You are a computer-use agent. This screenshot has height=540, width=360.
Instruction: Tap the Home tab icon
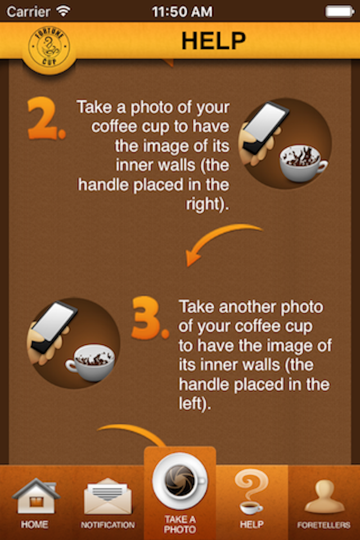[x=35, y=497]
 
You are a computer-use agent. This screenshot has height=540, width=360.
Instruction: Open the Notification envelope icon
[x=108, y=496]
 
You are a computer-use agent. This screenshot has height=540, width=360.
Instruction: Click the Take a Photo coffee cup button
[x=180, y=481]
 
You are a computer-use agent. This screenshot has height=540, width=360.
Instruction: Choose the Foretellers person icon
[x=324, y=497]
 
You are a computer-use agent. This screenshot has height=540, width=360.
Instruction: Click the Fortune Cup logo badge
[x=49, y=48]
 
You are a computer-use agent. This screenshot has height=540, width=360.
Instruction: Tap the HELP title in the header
[x=214, y=40]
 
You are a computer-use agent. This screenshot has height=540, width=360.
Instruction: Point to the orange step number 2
[x=46, y=118]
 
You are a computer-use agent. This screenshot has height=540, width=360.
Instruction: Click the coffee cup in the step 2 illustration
[x=303, y=163]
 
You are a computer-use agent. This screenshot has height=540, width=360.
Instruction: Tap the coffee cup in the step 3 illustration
[x=90, y=362]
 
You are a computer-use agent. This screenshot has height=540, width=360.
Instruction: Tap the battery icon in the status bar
[x=339, y=11]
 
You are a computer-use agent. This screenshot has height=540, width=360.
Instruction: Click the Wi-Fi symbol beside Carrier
[x=64, y=11]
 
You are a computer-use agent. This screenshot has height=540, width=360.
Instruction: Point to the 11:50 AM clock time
[x=182, y=12]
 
